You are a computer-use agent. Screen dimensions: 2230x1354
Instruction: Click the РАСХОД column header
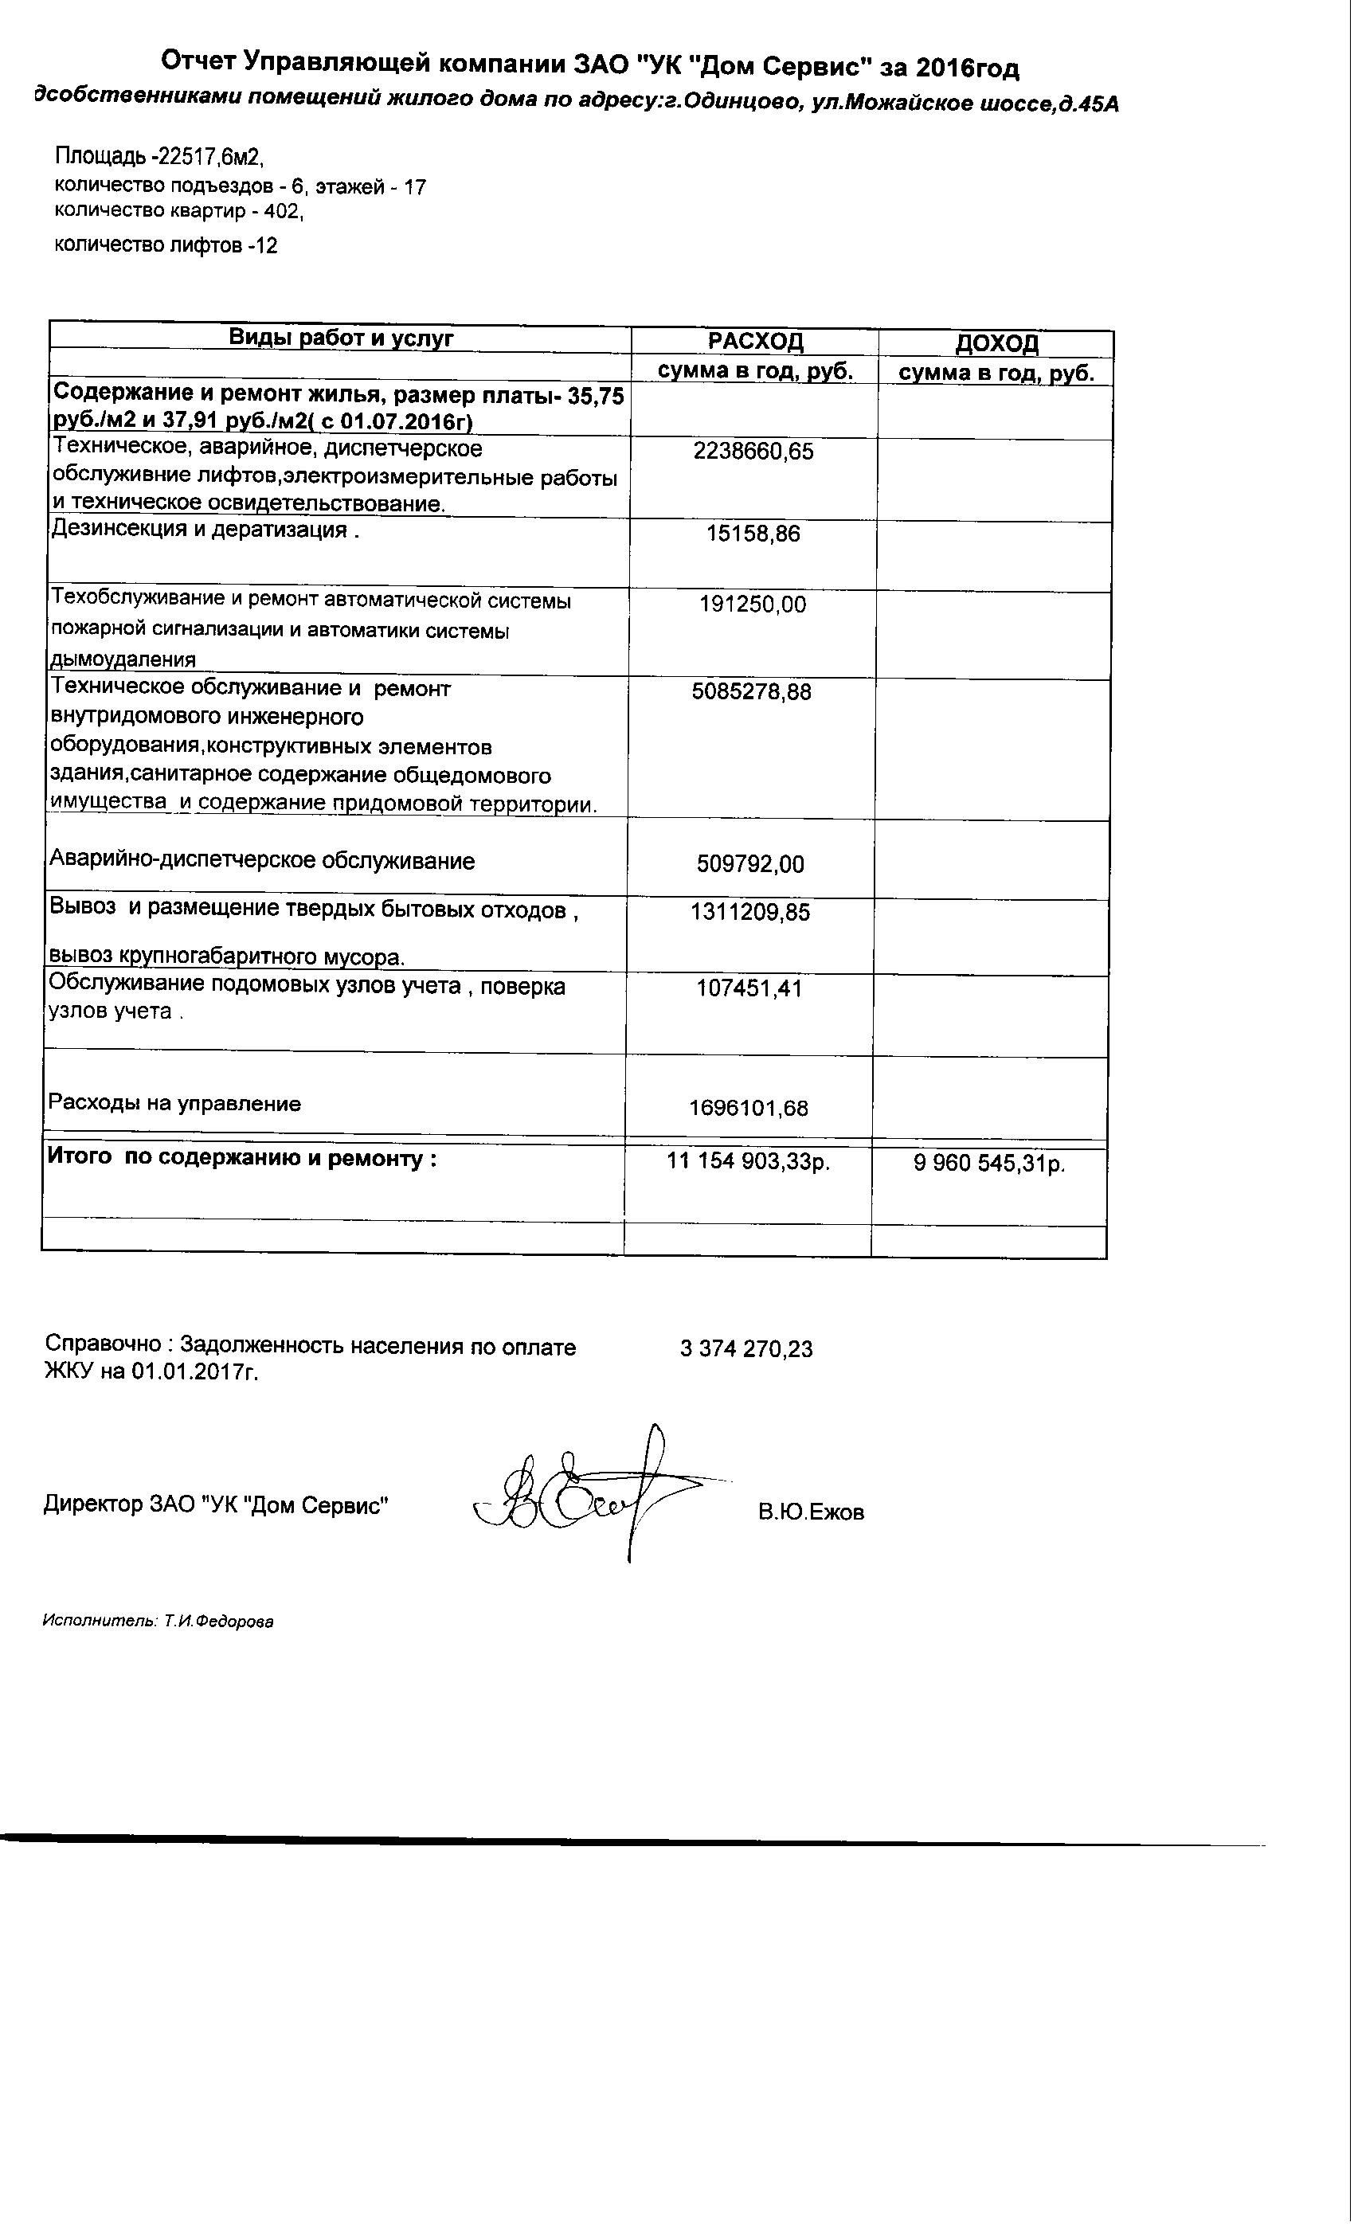(755, 341)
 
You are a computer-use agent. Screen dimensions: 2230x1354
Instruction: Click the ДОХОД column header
(996, 343)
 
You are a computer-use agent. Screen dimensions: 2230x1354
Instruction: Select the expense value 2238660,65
(753, 451)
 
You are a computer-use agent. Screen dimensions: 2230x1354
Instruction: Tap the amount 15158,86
(753, 533)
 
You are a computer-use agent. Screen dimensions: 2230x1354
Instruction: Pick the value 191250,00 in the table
(752, 604)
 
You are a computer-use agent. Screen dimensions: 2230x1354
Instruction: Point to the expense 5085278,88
(751, 691)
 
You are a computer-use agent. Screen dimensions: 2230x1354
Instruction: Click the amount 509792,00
(749, 863)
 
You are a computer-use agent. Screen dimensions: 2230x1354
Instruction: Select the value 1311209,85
(749, 911)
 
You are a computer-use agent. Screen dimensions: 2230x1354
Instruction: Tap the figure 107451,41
(749, 988)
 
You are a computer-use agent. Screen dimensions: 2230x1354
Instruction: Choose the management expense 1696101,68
(749, 1108)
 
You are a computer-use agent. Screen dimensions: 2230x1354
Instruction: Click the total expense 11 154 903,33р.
(748, 1161)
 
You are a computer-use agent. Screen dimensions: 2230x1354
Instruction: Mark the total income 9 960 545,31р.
(989, 1163)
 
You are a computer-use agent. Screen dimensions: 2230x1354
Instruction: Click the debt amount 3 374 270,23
(745, 1348)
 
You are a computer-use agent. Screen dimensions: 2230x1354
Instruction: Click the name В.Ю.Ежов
(811, 1512)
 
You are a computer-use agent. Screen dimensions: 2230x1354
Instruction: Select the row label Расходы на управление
(174, 1103)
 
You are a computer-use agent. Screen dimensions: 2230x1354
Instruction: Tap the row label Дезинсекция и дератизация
(205, 530)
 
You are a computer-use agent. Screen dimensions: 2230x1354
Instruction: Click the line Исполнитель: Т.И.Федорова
(158, 1621)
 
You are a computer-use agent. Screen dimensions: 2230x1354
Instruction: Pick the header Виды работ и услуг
(340, 338)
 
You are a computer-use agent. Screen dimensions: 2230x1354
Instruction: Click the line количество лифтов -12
(166, 245)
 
